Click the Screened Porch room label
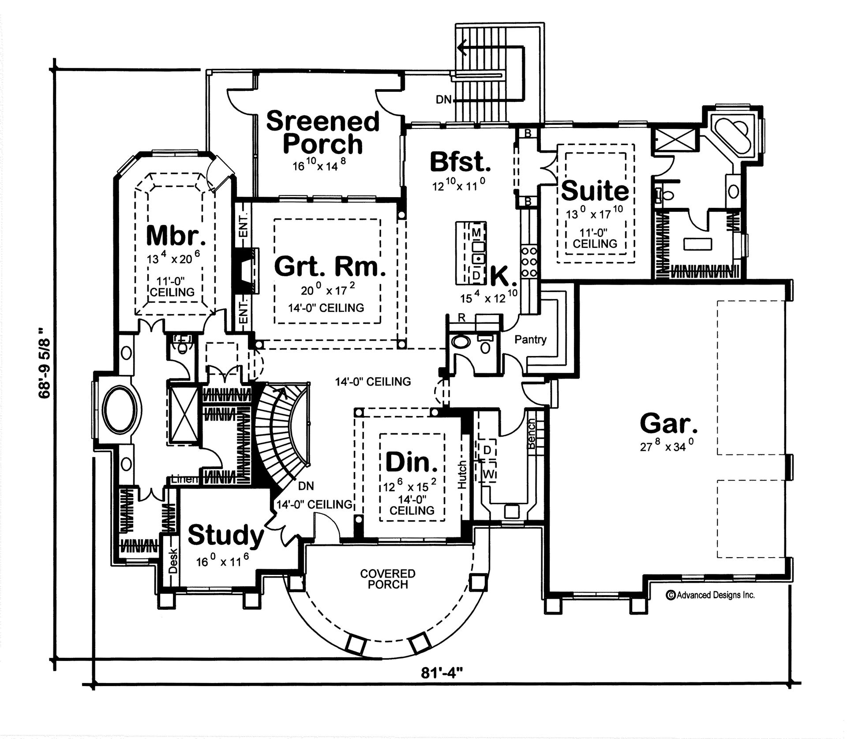[322, 132]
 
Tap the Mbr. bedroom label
[176, 236]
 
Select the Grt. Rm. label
[330, 266]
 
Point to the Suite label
[594, 190]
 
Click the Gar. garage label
[669, 423]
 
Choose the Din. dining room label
[411, 462]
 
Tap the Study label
[225, 535]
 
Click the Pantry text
[530, 340]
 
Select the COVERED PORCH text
[387, 579]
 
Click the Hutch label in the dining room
[462, 475]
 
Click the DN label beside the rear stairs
[444, 100]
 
